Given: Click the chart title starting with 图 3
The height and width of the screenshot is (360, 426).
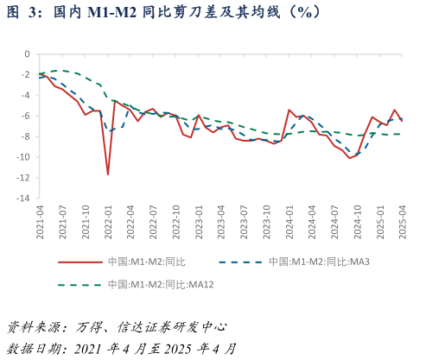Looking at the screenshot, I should coord(164,12).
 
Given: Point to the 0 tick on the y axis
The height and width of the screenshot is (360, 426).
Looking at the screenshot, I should coord(26,54).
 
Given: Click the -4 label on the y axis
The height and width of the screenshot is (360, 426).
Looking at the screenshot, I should coord(24,95).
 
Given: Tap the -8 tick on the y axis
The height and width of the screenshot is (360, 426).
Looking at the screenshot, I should coord(24,136).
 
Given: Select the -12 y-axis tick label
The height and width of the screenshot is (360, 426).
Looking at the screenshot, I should coord(22,178).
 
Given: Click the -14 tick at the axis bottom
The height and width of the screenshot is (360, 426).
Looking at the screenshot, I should coord(22,199).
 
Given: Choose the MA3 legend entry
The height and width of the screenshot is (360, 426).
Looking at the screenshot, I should coord(319,262).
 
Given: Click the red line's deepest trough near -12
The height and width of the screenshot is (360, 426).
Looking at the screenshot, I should coord(108,174).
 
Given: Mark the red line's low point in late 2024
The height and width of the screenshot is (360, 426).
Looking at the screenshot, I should coord(350,158).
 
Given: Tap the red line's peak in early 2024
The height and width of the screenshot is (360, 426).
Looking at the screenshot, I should coord(289,110).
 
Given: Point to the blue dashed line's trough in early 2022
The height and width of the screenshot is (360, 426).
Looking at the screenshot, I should coord(109,131).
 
